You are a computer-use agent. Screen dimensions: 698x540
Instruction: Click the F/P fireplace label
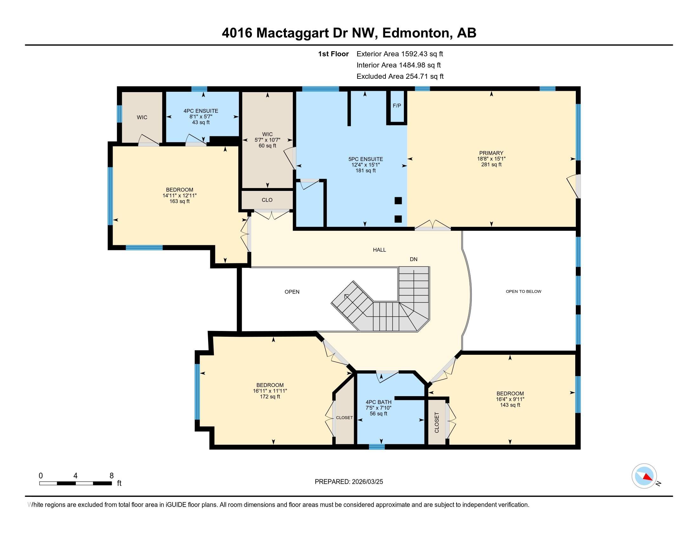point(397,105)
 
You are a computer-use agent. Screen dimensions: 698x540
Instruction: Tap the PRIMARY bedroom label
point(491,153)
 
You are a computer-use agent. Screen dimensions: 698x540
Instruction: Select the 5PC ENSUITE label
point(365,159)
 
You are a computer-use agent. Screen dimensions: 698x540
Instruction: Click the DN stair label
point(413,259)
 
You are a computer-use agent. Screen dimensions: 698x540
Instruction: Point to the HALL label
point(379,250)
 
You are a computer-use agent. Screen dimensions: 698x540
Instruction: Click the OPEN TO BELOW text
point(523,291)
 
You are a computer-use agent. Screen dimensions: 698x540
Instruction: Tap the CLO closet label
point(267,200)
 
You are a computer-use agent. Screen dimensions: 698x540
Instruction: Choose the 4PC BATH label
point(379,402)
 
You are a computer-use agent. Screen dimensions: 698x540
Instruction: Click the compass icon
point(644,476)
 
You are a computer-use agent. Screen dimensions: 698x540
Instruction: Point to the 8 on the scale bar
point(112,476)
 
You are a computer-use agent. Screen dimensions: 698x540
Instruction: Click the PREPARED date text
point(349,482)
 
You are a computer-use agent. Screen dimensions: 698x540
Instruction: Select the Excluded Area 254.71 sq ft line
point(400,76)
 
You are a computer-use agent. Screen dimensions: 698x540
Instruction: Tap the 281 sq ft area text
point(491,165)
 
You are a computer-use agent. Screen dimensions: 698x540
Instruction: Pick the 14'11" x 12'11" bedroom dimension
point(180,195)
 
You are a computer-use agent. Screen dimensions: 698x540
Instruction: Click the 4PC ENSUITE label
point(201,111)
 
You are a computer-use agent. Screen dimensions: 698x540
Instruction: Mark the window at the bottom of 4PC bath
point(377,447)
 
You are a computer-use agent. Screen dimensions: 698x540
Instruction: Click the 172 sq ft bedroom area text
point(270,397)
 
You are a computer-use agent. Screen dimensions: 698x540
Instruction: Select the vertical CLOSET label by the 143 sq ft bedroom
point(437,422)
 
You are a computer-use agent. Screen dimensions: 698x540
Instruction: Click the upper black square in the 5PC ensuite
point(398,200)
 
